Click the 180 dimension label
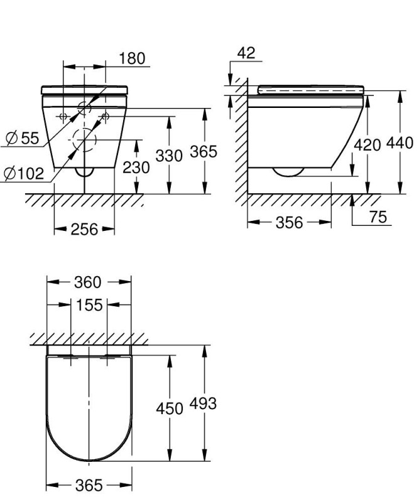point(132,58)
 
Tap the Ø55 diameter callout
point(23,138)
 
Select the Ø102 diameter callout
point(24,173)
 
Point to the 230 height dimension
point(136,168)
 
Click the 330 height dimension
point(169,156)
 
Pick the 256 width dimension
point(84,229)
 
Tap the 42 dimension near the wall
point(246,53)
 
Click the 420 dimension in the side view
point(367,145)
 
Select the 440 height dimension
point(400,143)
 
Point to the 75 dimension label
point(378,216)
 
